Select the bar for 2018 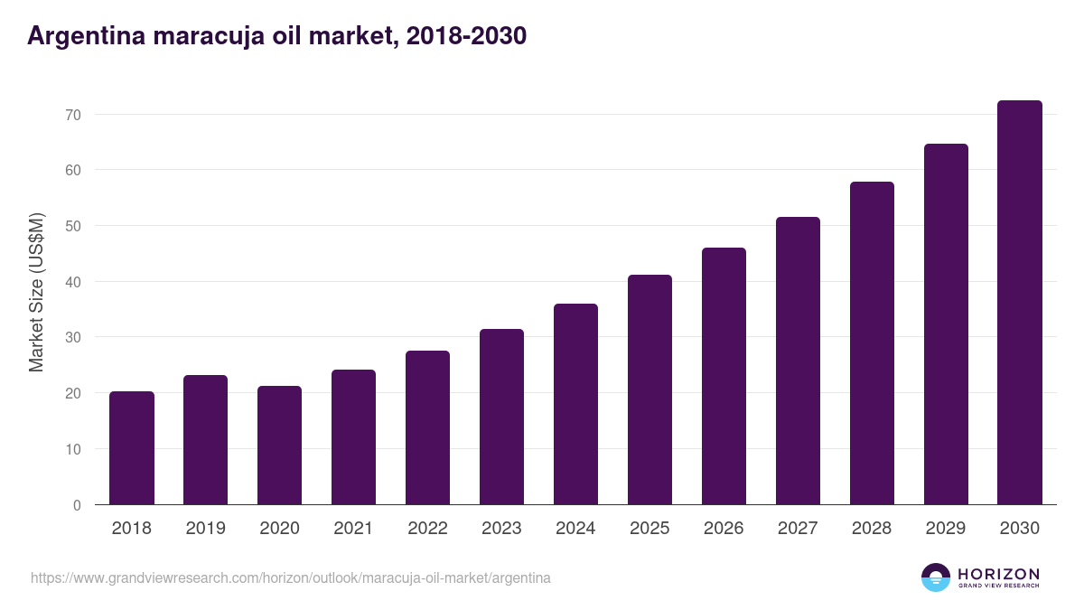[132, 448]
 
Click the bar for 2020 [280, 446]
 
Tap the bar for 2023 [501, 417]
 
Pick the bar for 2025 [649, 389]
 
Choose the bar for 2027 [798, 361]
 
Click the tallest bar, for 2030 [1020, 303]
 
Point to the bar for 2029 [946, 324]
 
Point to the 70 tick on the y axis [72, 115]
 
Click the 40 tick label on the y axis [72, 282]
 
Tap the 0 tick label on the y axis [77, 505]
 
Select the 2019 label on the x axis [206, 529]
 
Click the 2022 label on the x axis [427, 529]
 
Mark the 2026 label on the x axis [724, 529]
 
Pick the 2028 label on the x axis [872, 529]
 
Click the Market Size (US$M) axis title [36, 292]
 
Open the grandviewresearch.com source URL [290, 577]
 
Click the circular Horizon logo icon [936, 577]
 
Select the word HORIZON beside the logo [998, 574]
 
